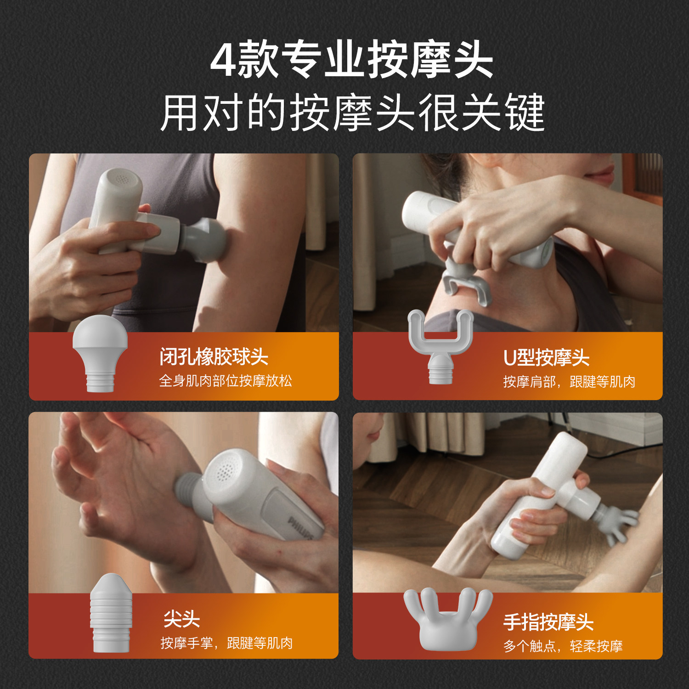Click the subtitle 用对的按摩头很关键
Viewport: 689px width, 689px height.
pos(352,113)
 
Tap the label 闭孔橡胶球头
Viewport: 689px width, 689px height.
pos(214,357)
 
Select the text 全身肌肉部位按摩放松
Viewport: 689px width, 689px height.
pos(226,381)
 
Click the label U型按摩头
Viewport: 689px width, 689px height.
pos(546,358)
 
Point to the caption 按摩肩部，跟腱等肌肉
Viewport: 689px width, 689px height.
pos(569,382)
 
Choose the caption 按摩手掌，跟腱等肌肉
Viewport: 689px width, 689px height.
pos(226,643)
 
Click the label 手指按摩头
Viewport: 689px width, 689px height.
pos(548,622)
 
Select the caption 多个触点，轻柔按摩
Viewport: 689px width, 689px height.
pos(563,646)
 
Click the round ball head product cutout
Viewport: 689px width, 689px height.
pos(100,353)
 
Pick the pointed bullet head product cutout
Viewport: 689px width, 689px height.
pos(111,613)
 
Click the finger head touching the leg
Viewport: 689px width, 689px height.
pos(618,524)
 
